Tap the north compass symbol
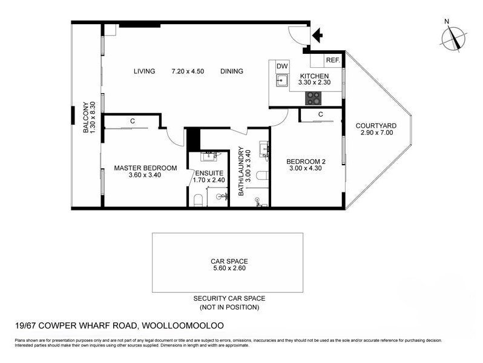pos(453,39)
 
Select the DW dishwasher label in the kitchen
pos(282,66)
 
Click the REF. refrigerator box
pos(333,60)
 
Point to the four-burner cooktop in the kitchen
pos(314,99)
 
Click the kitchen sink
pos(282,81)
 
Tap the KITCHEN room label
pos(314,76)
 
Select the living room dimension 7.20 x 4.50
pos(188,71)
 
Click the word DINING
pos(232,71)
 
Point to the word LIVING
pos(144,71)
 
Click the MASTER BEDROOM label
pos(145,168)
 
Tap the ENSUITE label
pos(209,173)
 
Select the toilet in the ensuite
pos(198,200)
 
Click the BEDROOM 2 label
pos(306,162)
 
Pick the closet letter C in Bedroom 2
pos(321,114)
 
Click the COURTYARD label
pos(376,126)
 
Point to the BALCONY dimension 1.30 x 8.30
pos(93,117)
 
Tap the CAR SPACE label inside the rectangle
pos(229,261)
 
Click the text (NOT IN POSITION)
pos(229,307)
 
